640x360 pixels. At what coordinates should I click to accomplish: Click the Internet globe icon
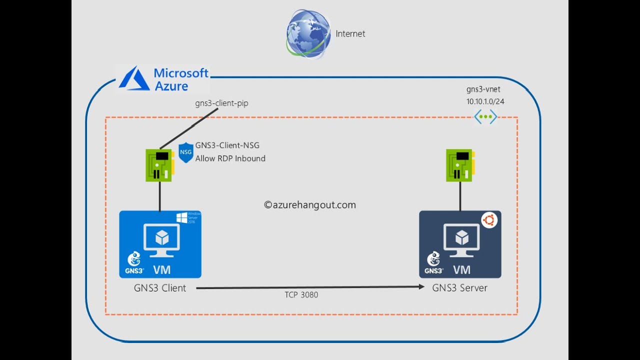click(x=308, y=33)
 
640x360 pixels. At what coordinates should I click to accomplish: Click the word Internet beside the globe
click(x=350, y=34)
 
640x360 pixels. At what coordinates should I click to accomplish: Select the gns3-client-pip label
click(x=221, y=103)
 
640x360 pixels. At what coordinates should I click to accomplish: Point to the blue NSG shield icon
click(x=185, y=152)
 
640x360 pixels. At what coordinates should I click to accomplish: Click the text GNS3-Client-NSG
click(x=227, y=145)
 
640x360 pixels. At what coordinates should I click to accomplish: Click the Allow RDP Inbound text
click(x=230, y=158)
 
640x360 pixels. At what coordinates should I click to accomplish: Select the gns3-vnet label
click(x=482, y=89)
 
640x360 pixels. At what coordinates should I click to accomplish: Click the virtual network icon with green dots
click(x=485, y=117)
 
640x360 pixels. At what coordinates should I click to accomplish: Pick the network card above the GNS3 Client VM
click(x=159, y=165)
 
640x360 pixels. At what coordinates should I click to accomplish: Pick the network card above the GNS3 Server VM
click(x=459, y=165)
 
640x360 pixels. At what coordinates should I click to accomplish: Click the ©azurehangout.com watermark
click(x=310, y=204)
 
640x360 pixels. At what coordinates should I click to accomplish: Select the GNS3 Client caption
click(x=159, y=288)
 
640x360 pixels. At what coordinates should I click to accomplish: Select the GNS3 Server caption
click(x=459, y=288)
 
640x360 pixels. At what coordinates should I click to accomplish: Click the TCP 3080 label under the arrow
click(x=301, y=295)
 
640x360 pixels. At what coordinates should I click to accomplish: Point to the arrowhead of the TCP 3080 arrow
click(x=421, y=287)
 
